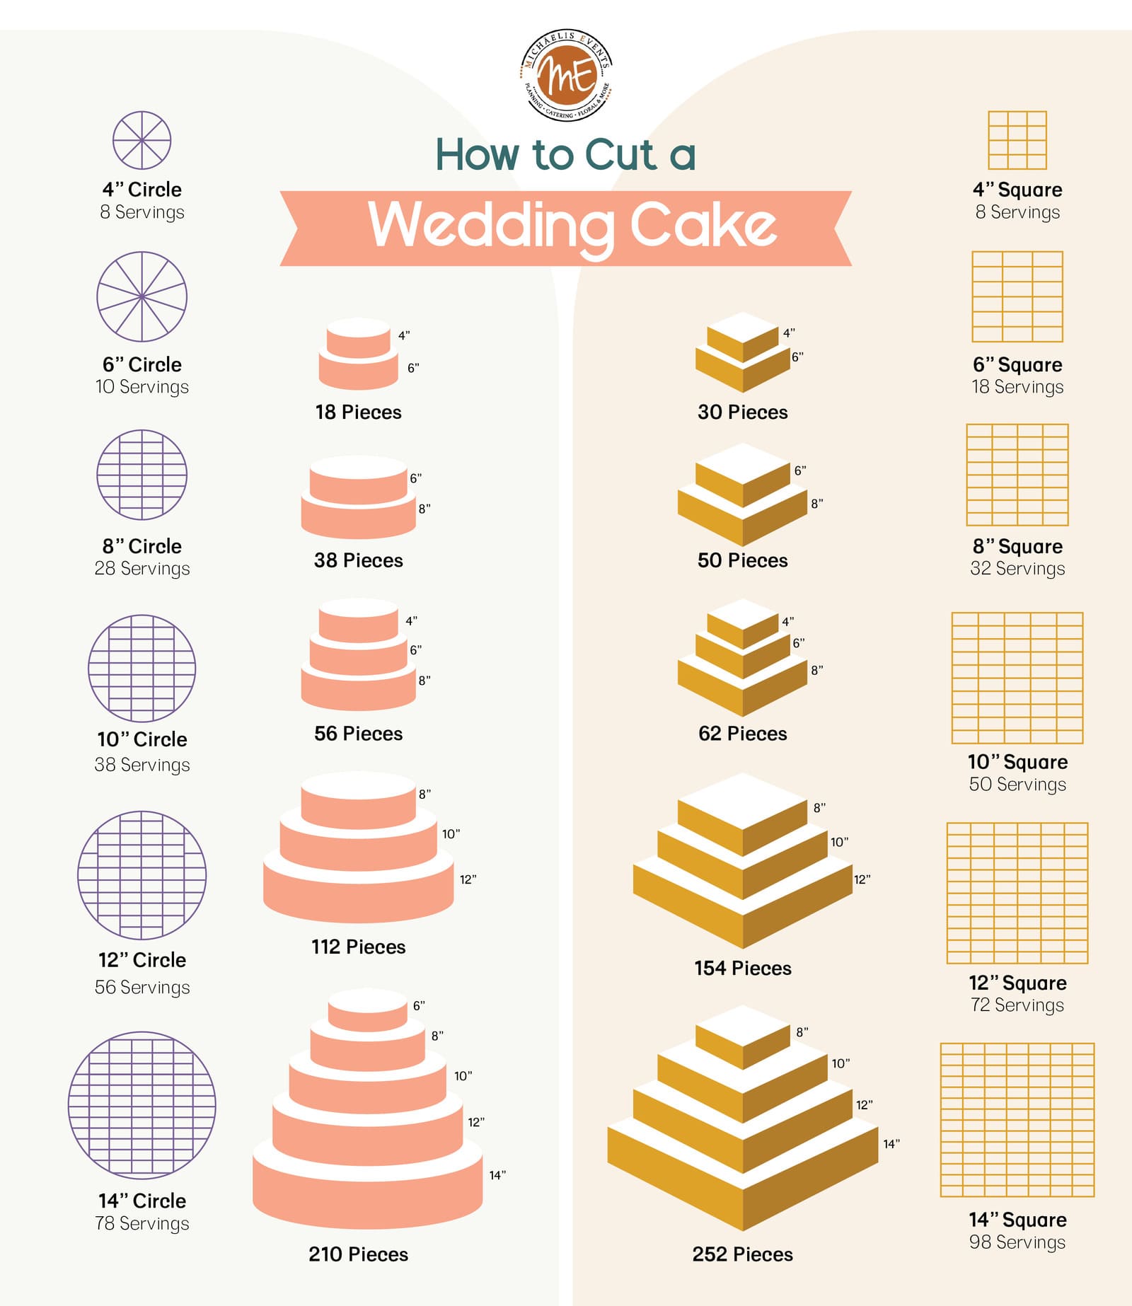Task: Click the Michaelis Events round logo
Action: (x=566, y=75)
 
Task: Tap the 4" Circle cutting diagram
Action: (x=141, y=140)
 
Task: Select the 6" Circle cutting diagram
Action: (x=141, y=296)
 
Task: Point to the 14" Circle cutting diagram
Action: (x=141, y=1104)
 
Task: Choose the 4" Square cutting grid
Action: (x=1017, y=140)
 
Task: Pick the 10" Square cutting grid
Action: (x=1017, y=678)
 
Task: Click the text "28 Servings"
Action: (x=142, y=569)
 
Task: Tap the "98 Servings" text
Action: (x=1017, y=1242)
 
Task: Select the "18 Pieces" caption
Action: (x=358, y=412)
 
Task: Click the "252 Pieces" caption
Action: (x=742, y=1254)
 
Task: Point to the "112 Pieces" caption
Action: (x=358, y=947)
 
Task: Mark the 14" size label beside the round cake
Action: (x=497, y=1175)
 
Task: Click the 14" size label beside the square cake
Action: (x=891, y=1143)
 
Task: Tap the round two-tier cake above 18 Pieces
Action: (x=358, y=354)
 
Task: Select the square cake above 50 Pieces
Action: (x=742, y=495)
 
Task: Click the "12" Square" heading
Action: (x=1017, y=983)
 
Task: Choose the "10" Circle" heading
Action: (x=142, y=739)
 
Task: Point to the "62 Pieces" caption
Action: (x=742, y=734)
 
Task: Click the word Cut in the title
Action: (x=620, y=155)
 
